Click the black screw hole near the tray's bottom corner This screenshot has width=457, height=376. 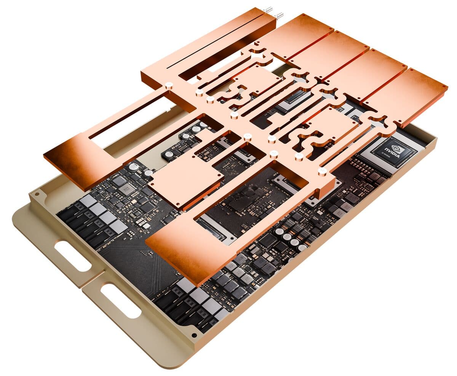[195, 336]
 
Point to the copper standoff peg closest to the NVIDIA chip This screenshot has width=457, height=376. [322, 171]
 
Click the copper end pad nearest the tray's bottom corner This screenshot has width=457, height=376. [190, 251]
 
